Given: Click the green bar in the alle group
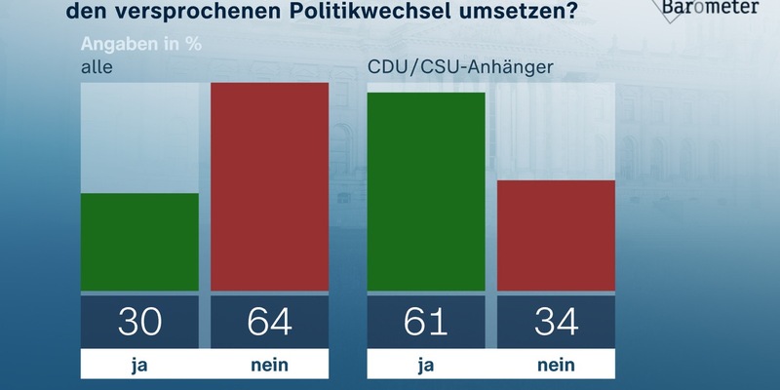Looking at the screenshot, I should click(x=139, y=242).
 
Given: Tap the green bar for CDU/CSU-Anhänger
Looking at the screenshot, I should click(x=426, y=191).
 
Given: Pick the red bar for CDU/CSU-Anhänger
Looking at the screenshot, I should click(x=557, y=235).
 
